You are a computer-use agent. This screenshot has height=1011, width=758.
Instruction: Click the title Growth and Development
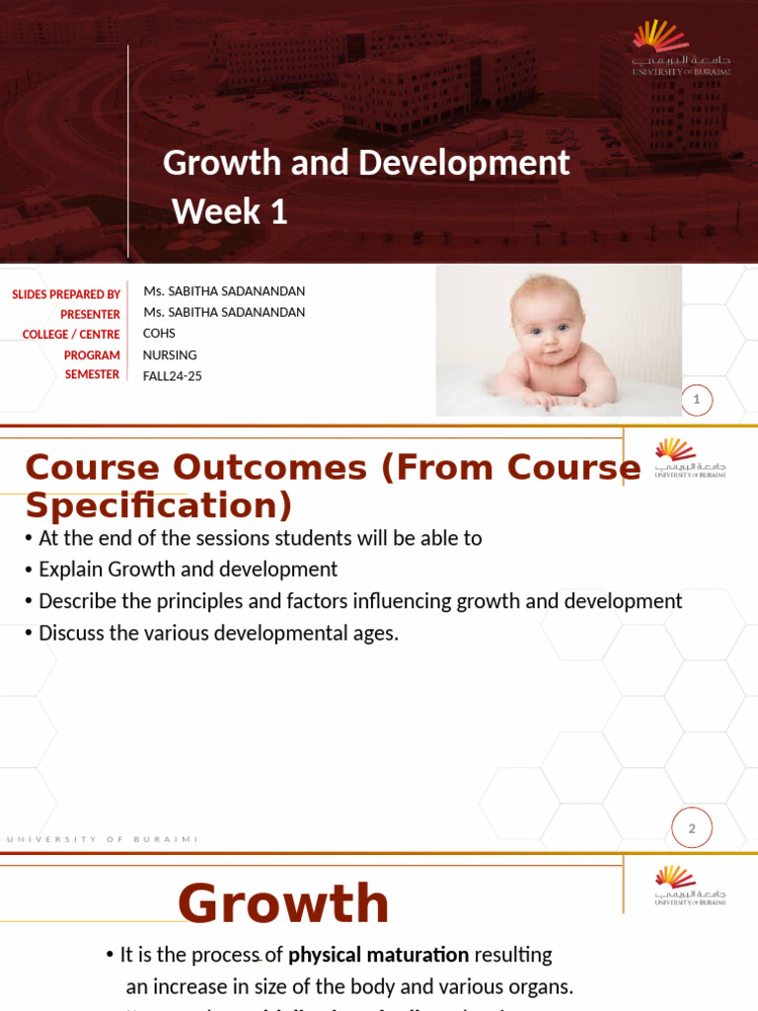pyautogui.click(x=366, y=163)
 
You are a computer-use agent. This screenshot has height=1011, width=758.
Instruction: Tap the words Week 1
pyautogui.click(x=230, y=211)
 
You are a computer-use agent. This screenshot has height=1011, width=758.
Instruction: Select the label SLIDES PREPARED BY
pyautogui.click(x=66, y=294)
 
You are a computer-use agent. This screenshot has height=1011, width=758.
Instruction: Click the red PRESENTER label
pyautogui.click(x=90, y=314)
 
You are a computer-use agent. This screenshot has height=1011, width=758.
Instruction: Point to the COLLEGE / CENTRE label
pyautogui.click(x=71, y=335)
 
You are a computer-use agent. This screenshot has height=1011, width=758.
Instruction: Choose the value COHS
pyautogui.click(x=159, y=334)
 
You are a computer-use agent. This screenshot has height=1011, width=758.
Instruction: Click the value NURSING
pyautogui.click(x=170, y=354)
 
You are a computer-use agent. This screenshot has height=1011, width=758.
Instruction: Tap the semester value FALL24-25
pyautogui.click(x=173, y=375)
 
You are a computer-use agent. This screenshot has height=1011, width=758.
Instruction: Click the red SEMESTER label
pyautogui.click(x=92, y=374)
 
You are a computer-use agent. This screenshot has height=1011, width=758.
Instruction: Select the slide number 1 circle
pyautogui.click(x=697, y=400)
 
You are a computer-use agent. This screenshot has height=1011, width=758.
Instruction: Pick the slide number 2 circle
pyautogui.click(x=692, y=828)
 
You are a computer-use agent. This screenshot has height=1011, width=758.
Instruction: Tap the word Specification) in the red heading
pyautogui.click(x=159, y=505)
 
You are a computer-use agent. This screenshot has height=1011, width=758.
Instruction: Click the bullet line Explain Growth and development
pyautogui.click(x=188, y=570)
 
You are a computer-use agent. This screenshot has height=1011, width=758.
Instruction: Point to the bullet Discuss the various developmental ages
pyautogui.click(x=218, y=633)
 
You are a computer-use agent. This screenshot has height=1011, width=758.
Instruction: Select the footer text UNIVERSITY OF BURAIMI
pyautogui.click(x=103, y=839)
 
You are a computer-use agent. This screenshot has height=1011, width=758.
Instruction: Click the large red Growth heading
pyautogui.click(x=283, y=903)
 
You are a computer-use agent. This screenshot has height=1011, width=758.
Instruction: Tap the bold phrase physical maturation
pyautogui.click(x=378, y=955)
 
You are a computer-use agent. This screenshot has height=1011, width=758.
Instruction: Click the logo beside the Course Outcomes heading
pyautogui.click(x=690, y=458)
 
